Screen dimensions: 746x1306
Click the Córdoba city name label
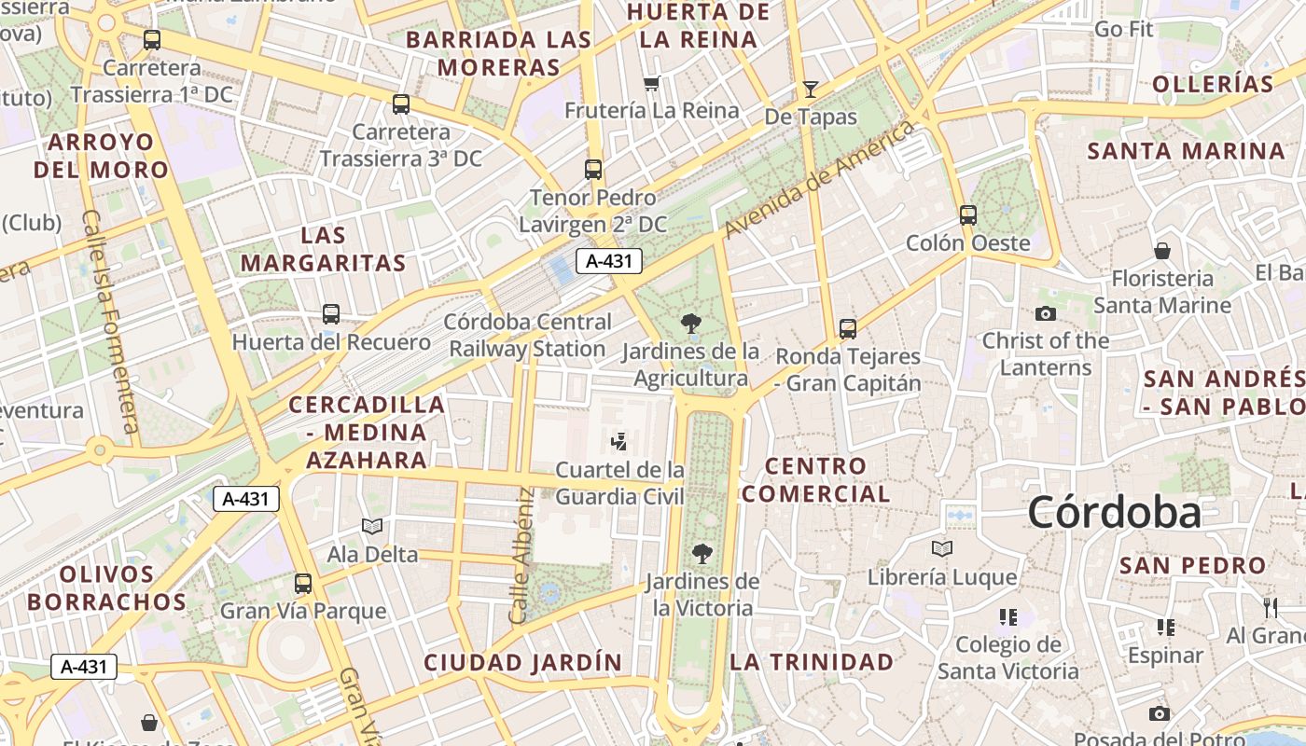click(x=1114, y=513)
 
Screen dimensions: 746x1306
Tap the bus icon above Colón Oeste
click(x=968, y=215)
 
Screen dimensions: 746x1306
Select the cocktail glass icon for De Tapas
click(x=811, y=90)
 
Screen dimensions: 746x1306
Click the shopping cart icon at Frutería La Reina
click(x=652, y=83)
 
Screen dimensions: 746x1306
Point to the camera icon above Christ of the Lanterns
click(x=1046, y=313)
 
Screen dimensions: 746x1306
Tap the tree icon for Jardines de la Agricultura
click(x=691, y=324)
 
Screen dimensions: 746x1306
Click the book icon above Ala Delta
click(x=372, y=527)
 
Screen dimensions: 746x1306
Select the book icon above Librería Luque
click(x=942, y=548)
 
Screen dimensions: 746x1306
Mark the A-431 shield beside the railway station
click(x=609, y=261)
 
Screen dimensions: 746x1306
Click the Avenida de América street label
click(x=820, y=178)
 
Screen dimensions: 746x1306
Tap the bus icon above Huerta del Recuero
click(x=331, y=314)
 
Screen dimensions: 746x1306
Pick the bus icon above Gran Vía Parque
click(x=303, y=584)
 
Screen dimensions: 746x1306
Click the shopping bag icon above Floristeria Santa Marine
click(x=1162, y=250)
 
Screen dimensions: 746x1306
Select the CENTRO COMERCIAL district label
click(x=815, y=479)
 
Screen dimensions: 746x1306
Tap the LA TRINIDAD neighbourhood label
click(x=812, y=662)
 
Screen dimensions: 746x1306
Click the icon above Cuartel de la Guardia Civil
click(x=618, y=440)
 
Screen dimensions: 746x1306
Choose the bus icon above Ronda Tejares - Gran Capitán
click(x=848, y=328)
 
